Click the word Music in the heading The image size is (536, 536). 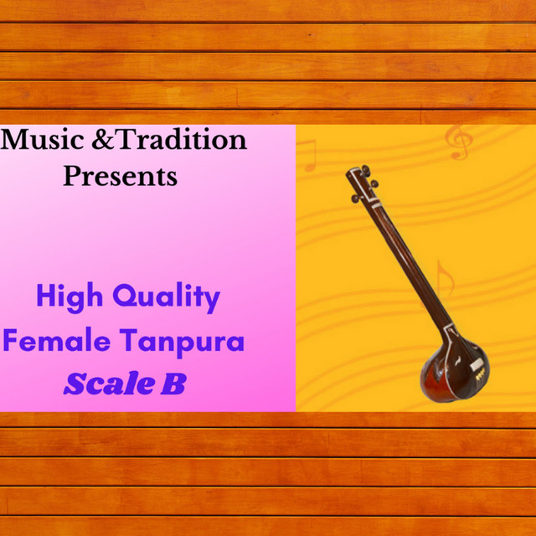[43, 140]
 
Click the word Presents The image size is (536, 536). [121, 176]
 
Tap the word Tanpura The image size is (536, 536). [182, 343]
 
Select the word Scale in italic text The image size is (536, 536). [109, 384]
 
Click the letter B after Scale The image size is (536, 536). [173, 384]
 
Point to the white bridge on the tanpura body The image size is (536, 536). [477, 365]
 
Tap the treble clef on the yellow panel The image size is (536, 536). [459, 142]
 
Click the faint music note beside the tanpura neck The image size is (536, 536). [445, 279]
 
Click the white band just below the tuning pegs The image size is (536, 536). [376, 205]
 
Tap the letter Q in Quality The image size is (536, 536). [124, 296]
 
